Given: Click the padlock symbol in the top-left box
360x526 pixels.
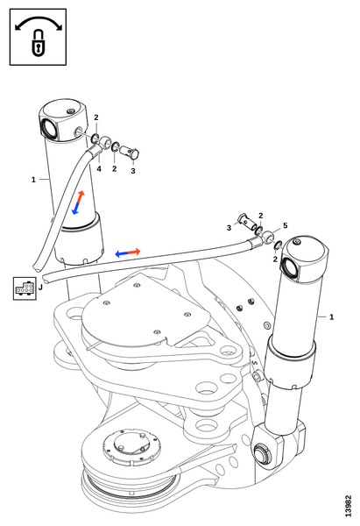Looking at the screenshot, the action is coord(39,43).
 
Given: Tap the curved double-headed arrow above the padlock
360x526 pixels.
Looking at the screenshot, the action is coord(39,21).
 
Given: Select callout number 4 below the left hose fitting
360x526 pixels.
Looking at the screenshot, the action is coord(99,168).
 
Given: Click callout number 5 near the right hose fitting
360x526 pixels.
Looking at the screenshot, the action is coord(285,225).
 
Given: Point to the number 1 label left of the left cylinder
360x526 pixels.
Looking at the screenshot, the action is coord(33,180).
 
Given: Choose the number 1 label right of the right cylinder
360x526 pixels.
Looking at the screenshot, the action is coord(331,317).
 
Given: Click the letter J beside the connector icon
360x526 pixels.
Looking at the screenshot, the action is coord(40,288).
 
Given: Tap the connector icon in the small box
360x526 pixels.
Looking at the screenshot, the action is coord(25,288).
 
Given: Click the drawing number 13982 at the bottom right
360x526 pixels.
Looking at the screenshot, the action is coord(349,506).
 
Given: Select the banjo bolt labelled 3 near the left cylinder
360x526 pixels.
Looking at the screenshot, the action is coord(130,152).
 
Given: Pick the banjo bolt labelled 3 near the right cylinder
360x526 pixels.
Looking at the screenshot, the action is coord(248,222).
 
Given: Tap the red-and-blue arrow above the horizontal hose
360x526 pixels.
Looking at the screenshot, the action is coord(128,252).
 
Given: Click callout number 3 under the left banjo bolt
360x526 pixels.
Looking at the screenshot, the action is coord(133,171).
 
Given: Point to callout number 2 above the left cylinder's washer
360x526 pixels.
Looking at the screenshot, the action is coord(96,117).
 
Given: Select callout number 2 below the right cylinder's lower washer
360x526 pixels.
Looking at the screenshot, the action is coord(275,259).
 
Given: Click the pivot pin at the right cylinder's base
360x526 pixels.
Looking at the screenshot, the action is coord(262,453).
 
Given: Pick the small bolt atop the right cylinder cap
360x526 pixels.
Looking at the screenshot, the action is coord(296,242).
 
